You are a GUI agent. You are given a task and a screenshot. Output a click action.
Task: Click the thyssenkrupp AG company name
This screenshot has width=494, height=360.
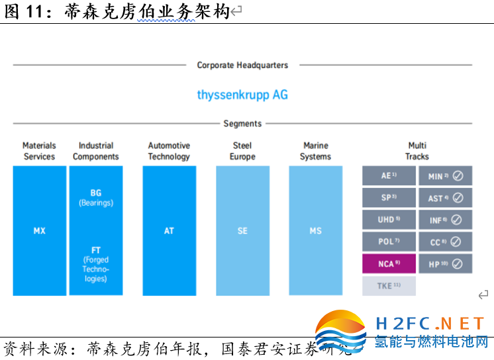[242, 95]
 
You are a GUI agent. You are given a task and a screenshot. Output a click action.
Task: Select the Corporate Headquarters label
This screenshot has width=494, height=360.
[242, 66]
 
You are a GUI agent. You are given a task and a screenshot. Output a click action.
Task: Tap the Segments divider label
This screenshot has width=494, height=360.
[242, 124]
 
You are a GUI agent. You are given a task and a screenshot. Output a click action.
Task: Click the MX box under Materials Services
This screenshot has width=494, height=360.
[39, 231]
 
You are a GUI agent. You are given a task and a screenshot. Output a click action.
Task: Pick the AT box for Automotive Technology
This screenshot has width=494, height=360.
[169, 231]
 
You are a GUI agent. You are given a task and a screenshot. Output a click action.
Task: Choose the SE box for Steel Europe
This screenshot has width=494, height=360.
[242, 231]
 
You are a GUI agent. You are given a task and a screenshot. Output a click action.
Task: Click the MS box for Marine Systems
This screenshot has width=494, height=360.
[315, 231]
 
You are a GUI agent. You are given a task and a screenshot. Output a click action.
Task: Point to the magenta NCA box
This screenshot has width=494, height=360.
[389, 264]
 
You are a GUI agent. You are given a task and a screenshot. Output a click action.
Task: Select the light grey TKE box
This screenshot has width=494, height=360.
[389, 286]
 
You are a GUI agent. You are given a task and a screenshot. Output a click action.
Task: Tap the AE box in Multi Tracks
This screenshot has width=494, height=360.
[389, 176]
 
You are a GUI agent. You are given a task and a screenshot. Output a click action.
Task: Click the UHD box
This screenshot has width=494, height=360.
[389, 220]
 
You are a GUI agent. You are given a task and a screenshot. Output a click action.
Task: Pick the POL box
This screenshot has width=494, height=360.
[389, 242]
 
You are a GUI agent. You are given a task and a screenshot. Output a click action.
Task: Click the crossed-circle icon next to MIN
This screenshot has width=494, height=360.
[458, 177]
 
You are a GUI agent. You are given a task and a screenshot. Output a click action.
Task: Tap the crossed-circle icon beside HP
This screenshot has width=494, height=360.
[458, 264]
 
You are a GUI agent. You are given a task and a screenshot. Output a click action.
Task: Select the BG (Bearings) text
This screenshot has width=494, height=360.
[96, 197]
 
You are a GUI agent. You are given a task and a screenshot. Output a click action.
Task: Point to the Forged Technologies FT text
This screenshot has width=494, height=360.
[96, 265]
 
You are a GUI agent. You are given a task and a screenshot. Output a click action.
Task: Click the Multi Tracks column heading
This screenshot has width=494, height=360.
[417, 151]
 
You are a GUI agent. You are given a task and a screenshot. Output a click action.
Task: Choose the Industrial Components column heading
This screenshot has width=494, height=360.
[96, 151]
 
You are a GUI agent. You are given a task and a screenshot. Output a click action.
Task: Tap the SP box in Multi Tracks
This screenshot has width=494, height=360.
[389, 198]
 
